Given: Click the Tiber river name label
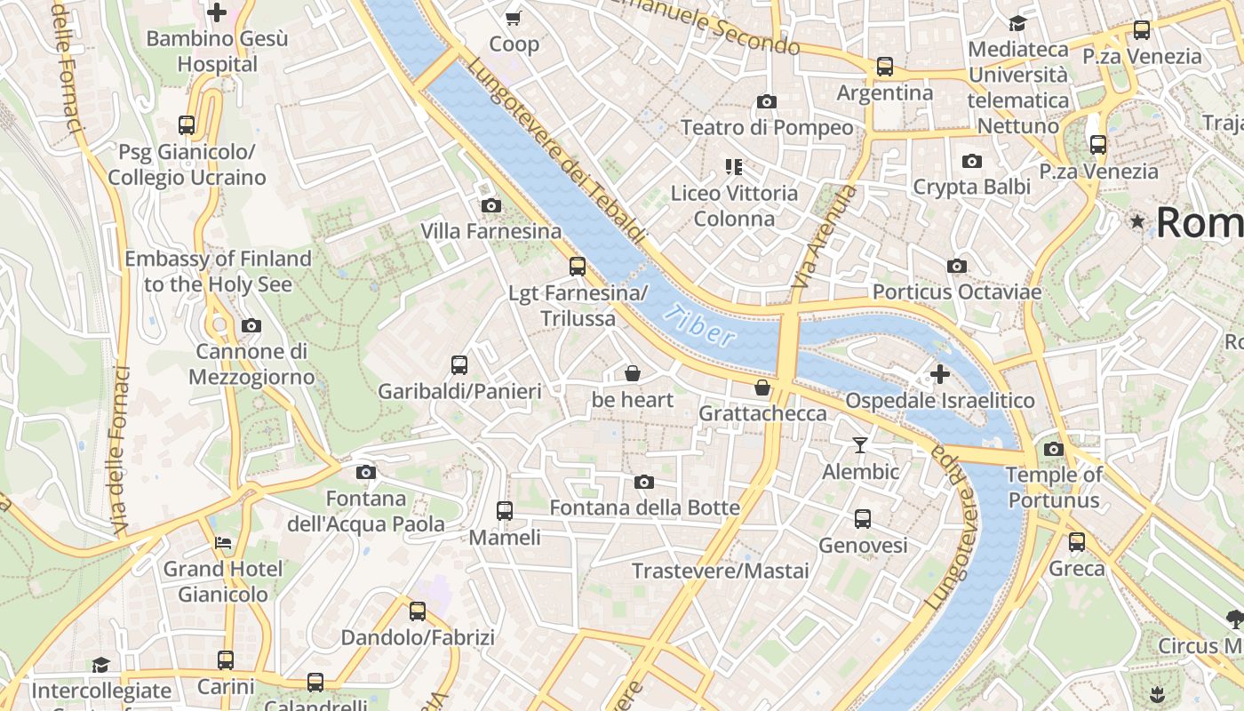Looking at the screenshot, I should click(x=699, y=325).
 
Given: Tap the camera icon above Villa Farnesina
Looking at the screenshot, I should click(x=490, y=205).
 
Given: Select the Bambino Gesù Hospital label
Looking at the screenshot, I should click(x=217, y=52).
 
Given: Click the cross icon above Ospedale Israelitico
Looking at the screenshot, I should click(x=939, y=374).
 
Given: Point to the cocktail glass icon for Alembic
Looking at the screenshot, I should click(x=860, y=445).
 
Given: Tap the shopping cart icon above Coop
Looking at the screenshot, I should click(x=514, y=18).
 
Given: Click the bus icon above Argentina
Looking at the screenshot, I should click(x=885, y=67).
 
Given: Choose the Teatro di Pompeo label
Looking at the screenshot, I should click(x=767, y=128).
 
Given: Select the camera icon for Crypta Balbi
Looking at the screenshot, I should click(x=972, y=161).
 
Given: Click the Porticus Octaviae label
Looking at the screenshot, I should click(x=957, y=292).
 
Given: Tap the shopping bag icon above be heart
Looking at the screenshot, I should click(x=633, y=373).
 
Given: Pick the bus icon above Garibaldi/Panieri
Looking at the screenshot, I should click(x=459, y=364).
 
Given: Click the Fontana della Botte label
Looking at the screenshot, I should click(x=644, y=507).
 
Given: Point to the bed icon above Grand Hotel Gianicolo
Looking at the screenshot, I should click(x=223, y=542).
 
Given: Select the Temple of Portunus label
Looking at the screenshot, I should click(x=1054, y=487).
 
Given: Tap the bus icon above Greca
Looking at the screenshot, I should click(x=1077, y=541).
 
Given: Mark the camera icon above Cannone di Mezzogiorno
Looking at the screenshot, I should click(x=251, y=325).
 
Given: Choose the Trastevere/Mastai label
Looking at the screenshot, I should click(x=720, y=571).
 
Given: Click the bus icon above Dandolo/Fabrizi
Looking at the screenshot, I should click(x=418, y=611).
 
